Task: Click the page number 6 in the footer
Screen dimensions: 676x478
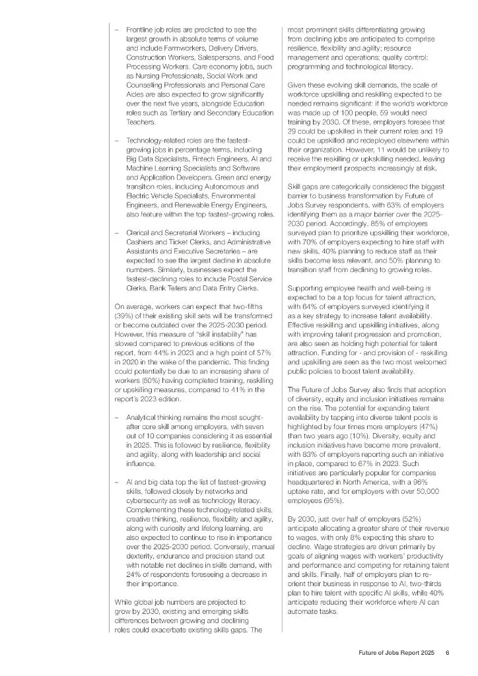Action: pos(447,652)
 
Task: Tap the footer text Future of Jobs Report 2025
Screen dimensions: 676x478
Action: pos(392,652)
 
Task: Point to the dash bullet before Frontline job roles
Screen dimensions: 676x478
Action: pos(117,30)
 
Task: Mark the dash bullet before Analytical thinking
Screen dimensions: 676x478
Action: pos(117,417)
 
